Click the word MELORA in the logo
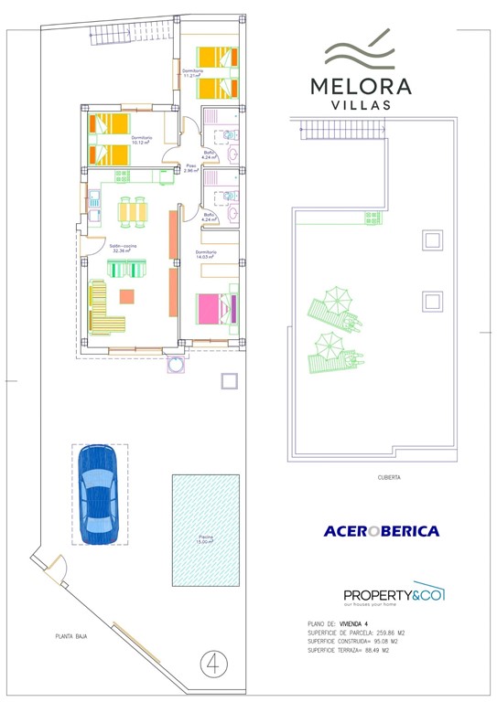point(361,87)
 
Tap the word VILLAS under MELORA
point(361,105)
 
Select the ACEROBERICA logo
point(381,531)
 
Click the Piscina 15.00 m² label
point(204,540)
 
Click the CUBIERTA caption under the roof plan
point(389,477)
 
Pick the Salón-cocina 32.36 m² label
point(122,249)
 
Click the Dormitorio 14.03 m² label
point(206,255)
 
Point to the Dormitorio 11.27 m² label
point(192,73)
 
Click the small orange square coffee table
point(127,296)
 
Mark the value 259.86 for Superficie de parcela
point(398,632)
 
